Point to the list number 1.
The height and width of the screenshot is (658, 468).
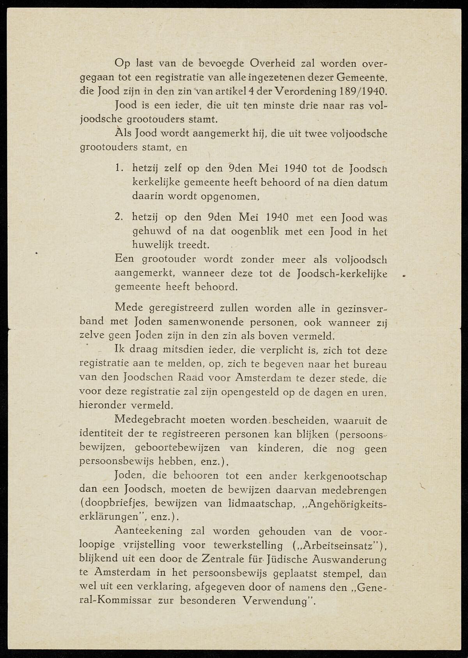coord(119,168)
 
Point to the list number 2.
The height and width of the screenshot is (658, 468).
coord(119,217)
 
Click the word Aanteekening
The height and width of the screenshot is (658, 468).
coord(148,531)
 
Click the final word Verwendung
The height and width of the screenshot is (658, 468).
coord(278,601)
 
